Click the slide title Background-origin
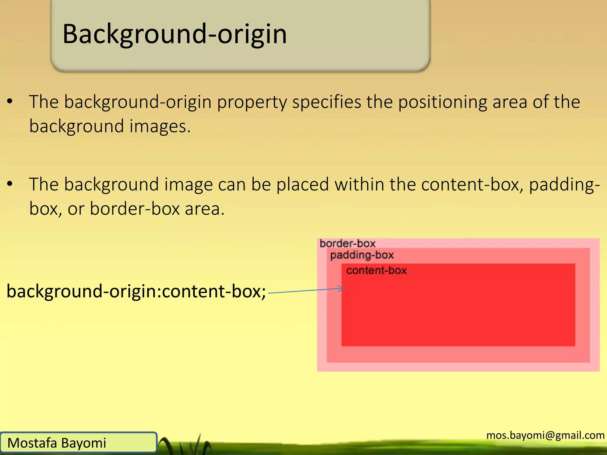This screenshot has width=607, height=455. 175,34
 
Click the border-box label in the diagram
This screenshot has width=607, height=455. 347,243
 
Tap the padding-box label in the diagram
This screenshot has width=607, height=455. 362,255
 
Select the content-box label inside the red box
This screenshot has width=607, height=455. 376,270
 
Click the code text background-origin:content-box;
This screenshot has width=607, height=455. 136,291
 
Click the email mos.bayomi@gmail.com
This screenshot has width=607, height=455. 545,435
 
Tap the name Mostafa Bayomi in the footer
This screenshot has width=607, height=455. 57,443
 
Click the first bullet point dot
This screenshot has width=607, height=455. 10,102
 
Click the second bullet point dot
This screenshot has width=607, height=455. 10,184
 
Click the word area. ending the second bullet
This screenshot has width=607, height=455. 205,209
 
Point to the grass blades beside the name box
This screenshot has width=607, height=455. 190,444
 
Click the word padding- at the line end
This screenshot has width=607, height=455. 564,185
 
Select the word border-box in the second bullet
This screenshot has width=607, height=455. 135,209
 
